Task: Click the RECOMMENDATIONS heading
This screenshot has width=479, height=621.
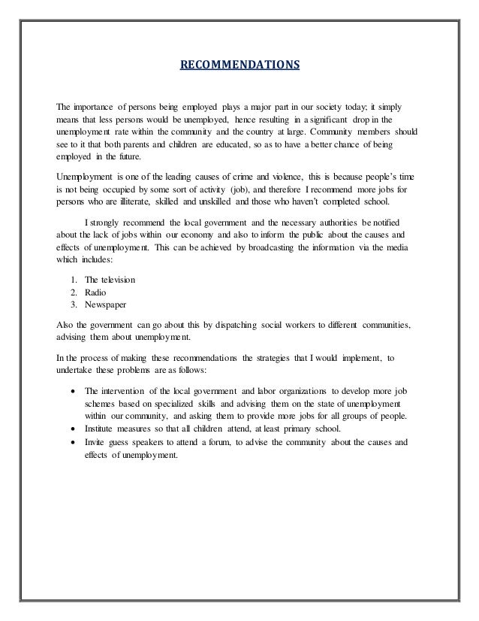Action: pos(239,65)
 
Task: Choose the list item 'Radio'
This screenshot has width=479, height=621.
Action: pos(96,293)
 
